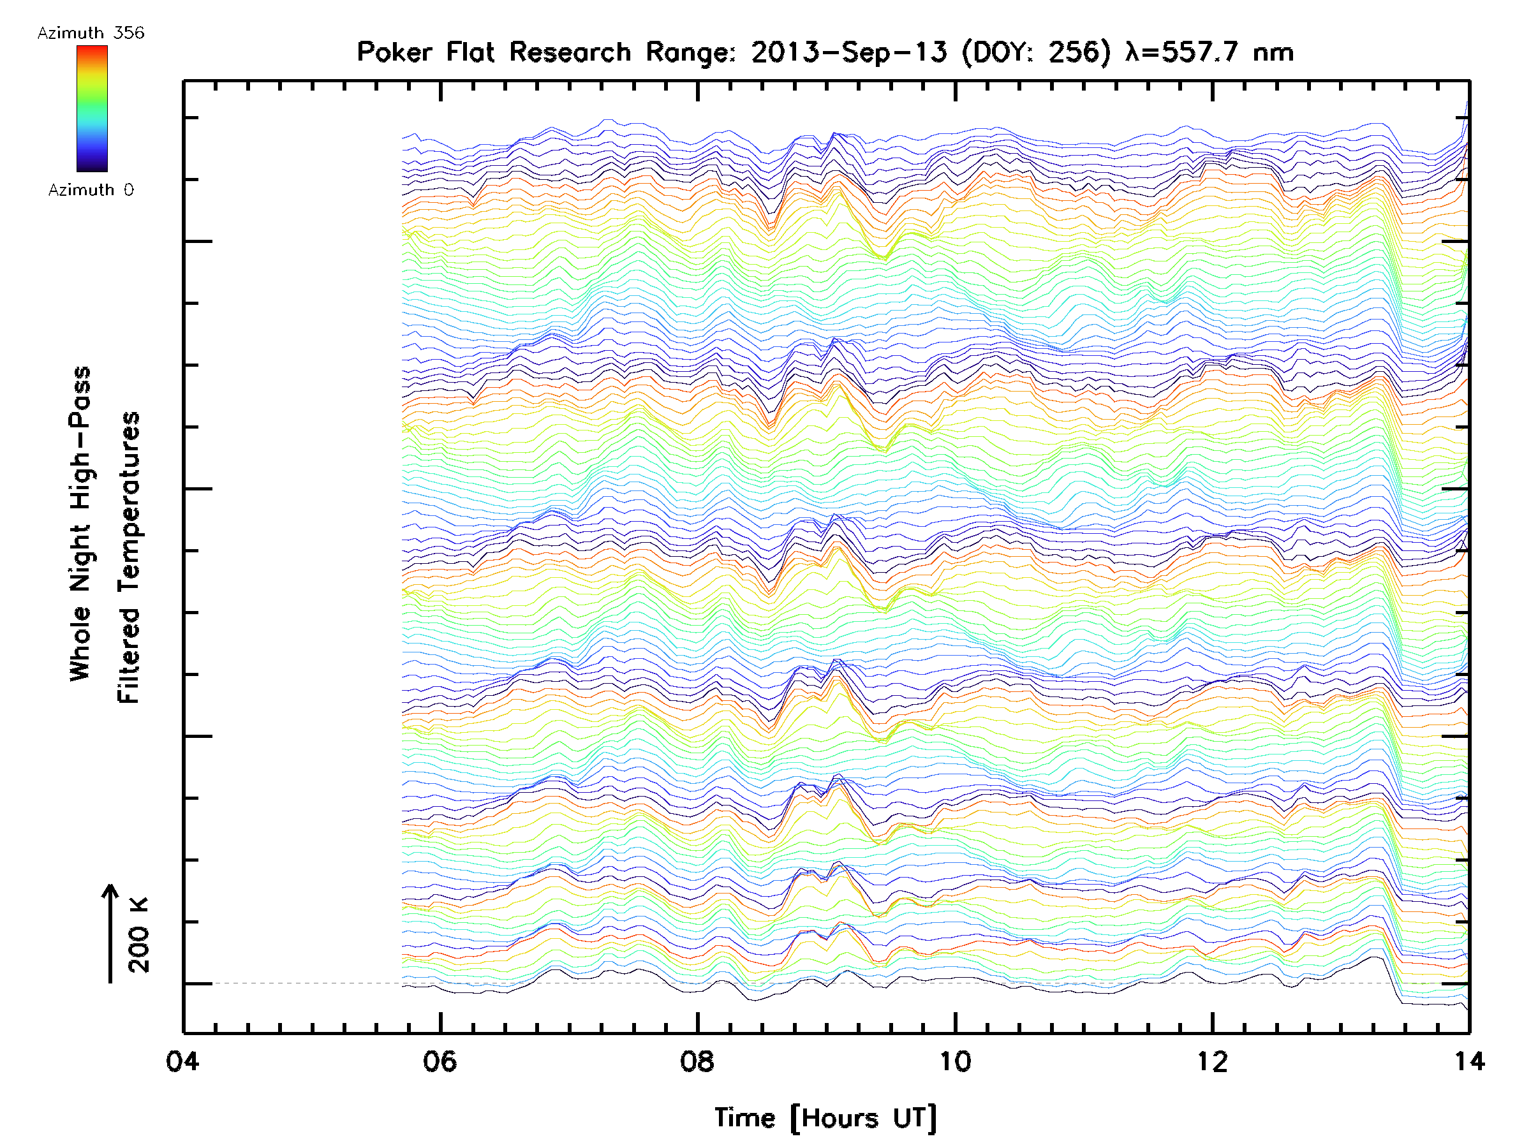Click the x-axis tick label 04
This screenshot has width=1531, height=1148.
click(x=182, y=1061)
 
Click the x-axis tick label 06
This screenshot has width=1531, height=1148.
click(x=440, y=1061)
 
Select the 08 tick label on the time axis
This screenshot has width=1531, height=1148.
click(x=697, y=1061)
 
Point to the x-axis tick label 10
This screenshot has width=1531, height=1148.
click(x=954, y=1061)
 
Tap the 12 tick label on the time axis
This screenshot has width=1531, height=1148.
click(x=1212, y=1061)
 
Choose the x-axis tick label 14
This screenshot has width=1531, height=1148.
click(x=1468, y=1061)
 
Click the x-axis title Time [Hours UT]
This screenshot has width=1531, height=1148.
click(x=825, y=1117)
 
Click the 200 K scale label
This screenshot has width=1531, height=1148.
click(x=138, y=934)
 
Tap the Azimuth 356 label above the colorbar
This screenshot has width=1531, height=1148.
click(x=91, y=33)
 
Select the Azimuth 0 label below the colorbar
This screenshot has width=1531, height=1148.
click(x=91, y=189)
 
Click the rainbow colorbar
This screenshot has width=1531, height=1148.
click(x=92, y=108)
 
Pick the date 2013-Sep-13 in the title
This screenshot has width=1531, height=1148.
click(x=848, y=52)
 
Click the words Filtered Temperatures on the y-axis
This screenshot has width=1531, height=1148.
click(x=129, y=557)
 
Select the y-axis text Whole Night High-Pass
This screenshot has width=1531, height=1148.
click(x=80, y=523)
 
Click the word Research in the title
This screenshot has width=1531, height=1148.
click(x=570, y=52)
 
